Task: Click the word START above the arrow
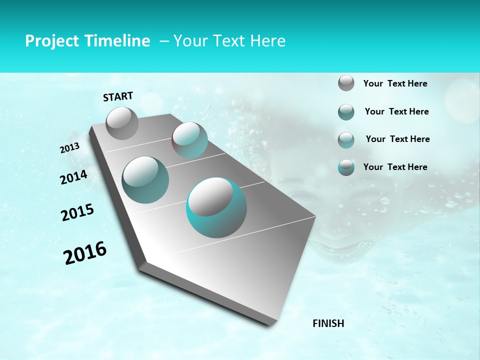tap(118, 96)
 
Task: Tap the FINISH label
tap(328, 323)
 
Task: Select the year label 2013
tap(70, 148)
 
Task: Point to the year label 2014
tap(73, 177)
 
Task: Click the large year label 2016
tap(85, 253)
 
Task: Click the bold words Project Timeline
tap(87, 41)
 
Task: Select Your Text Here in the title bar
tap(229, 41)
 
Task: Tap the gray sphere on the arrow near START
tap(122, 123)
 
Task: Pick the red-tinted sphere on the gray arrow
tap(189, 140)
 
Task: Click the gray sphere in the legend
tap(346, 83)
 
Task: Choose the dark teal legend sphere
tap(346, 112)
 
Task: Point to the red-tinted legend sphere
tap(346, 140)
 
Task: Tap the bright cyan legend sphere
tap(346, 167)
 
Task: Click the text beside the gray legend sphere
tap(395, 83)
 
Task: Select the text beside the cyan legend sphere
tap(395, 167)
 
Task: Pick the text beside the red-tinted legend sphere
tap(397, 139)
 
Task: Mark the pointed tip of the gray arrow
tap(270, 325)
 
